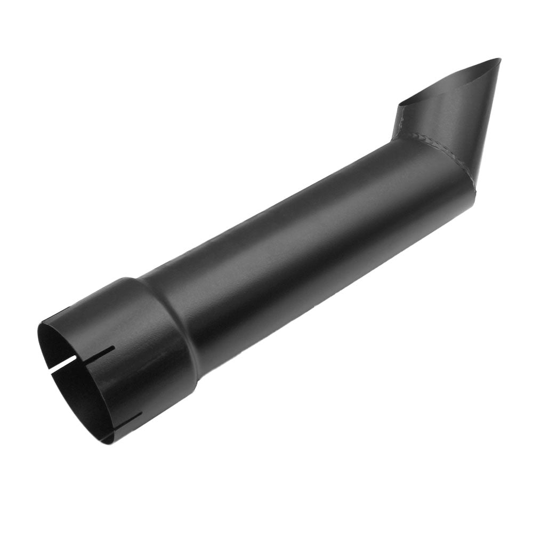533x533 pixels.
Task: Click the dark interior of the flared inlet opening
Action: click(x=75, y=384)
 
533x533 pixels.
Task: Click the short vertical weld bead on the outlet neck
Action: click(x=399, y=123)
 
